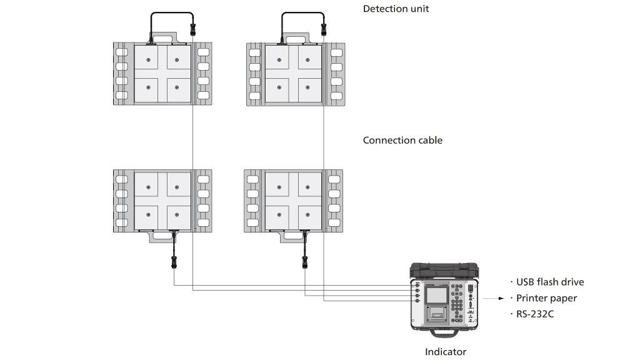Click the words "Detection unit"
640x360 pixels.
[396, 9]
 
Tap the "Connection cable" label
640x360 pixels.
[402, 140]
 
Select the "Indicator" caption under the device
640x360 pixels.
[446, 352]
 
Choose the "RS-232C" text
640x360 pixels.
[535, 314]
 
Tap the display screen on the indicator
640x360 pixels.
[436, 295]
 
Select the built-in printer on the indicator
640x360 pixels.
[436, 314]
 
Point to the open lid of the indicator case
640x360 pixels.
[444, 270]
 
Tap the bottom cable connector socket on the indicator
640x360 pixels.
[416, 301]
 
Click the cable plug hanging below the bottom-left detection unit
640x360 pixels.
[174, 261]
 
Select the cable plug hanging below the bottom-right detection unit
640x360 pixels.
[305, 261]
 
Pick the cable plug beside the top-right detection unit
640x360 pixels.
[324, 28]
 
